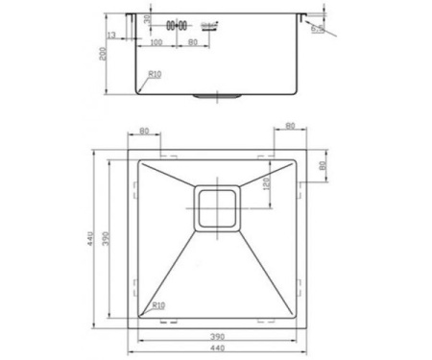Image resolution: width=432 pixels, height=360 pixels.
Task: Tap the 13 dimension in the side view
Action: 113,36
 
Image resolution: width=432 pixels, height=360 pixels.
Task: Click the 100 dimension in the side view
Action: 156,43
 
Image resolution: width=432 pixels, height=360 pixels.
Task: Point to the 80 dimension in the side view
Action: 192,43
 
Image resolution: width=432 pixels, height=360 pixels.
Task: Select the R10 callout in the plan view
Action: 158,305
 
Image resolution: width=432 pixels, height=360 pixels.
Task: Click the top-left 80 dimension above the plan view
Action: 145,132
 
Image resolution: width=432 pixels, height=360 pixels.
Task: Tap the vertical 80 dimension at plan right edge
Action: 323,165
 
